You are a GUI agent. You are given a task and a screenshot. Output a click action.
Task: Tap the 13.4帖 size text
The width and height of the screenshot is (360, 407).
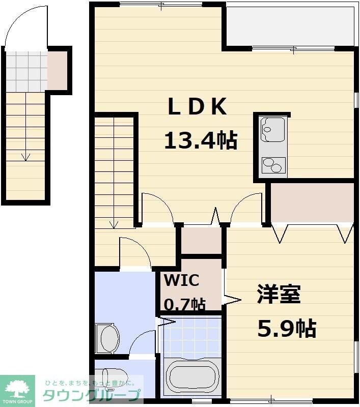(200, 140)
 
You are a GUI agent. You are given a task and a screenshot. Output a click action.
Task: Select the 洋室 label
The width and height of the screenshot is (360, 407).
(279, 295)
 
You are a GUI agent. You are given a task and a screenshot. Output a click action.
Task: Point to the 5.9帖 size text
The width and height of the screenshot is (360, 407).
(287, 329)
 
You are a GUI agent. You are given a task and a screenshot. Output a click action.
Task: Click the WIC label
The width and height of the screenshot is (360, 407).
(181, 280)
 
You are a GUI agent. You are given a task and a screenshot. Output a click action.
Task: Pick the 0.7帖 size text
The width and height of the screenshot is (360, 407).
(184, 304)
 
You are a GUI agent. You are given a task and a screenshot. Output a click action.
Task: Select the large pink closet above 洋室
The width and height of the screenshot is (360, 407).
(312, 202)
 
